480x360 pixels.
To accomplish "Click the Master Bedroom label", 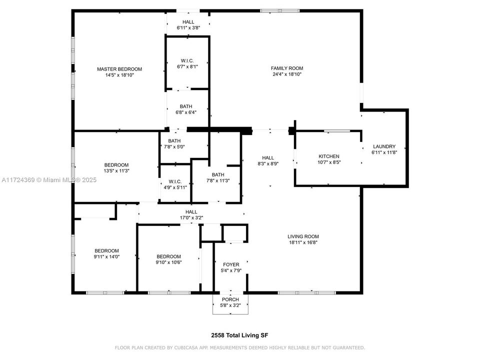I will pos(119,69).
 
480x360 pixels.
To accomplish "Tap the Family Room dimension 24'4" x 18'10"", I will pos(287,74).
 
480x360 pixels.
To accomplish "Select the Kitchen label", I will pos(328,156).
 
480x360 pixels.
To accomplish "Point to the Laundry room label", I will pos(384,146).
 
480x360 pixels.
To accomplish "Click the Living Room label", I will pos(303,236).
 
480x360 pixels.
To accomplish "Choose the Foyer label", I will pos(231,264).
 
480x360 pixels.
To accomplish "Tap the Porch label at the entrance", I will pos(230,299).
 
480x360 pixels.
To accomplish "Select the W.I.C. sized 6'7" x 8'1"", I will pos(188,63).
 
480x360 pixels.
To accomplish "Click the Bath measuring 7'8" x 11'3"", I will pos(217,177).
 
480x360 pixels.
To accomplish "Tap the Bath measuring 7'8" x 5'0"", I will pos(174,144).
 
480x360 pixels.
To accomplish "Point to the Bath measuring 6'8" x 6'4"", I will pos(186,109).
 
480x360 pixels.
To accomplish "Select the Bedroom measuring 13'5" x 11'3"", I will pos(116,168).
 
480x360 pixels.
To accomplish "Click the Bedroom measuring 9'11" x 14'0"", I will pos(107,254).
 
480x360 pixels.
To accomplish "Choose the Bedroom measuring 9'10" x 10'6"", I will pos(168,259).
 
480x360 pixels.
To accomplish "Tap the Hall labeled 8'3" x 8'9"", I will pos(268,160).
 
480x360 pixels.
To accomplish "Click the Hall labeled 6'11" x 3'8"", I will pos(188,25).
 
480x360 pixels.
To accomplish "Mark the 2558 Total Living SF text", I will pos(239,335).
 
